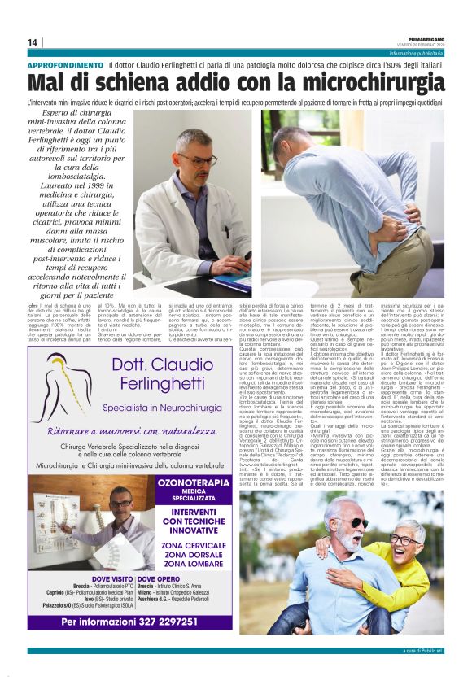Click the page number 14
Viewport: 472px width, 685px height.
[33, 42]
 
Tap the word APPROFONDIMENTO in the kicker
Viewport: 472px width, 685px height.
[65, 64]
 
